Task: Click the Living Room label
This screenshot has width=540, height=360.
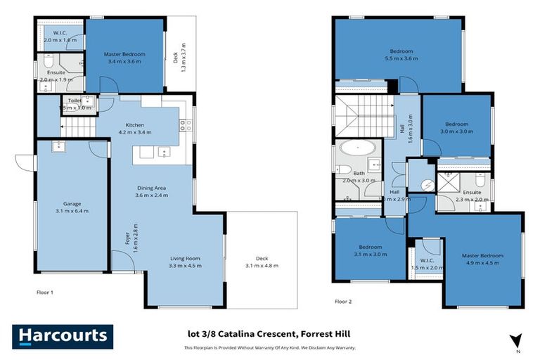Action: (186, 262)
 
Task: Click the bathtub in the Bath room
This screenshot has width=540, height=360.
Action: (359, 149)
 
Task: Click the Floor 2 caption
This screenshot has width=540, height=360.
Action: (344, 300)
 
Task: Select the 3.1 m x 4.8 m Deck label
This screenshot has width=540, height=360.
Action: (262, 262)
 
